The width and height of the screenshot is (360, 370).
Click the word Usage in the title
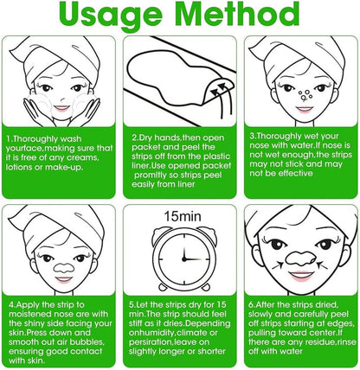(111, 15)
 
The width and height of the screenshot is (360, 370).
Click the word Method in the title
(237, 13)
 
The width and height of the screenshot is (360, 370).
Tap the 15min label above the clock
(183, 216)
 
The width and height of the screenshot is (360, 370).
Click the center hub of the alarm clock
(183, 259)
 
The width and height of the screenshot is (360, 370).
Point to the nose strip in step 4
(64, 268)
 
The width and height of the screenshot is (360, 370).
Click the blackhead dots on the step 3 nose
(305, 95)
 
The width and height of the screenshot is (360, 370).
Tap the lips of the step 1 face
(61, 109)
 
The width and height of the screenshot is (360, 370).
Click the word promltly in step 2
(154, 175)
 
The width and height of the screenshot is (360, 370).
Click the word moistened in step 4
(29, 314)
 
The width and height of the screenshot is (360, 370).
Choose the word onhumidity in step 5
(151, 333)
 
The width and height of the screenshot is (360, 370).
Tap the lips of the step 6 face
(301, 276)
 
